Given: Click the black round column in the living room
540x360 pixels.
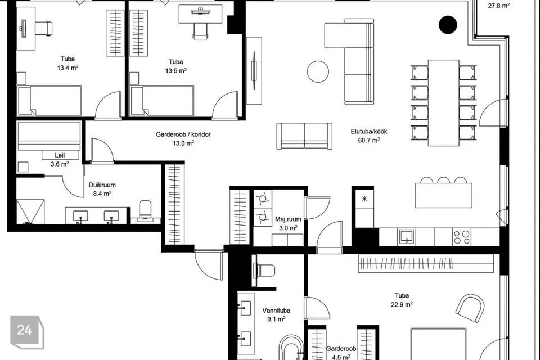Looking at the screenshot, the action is click(x=448, y=24).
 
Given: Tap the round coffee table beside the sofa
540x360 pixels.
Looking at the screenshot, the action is click(x=318, y=71).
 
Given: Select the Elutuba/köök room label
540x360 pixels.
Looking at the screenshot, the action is click(x=369, y=131).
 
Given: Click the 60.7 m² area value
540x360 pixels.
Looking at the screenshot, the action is click(x=369, y=140).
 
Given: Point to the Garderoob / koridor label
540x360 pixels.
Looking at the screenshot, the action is click(x=183, y=134).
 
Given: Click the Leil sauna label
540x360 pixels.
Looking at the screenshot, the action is click(x=60, y=155).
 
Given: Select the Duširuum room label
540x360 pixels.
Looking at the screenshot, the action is click(x=102, y=185).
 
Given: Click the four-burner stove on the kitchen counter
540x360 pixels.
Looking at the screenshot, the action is click(x=461, y=237).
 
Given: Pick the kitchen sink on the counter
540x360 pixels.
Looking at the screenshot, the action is click(x=407, y=237).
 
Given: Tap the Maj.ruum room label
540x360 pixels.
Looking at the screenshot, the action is click(x=288, y=219).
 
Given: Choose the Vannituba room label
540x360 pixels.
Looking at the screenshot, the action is click(x=276, y=310).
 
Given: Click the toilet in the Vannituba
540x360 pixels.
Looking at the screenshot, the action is click(x=264, y=270).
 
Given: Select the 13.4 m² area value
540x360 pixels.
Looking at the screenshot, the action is click(x=67, y=67).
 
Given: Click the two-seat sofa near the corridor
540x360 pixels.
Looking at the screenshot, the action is click(x=304, y=136).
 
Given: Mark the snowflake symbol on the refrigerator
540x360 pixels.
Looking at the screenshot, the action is click(x=364, y=199).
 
